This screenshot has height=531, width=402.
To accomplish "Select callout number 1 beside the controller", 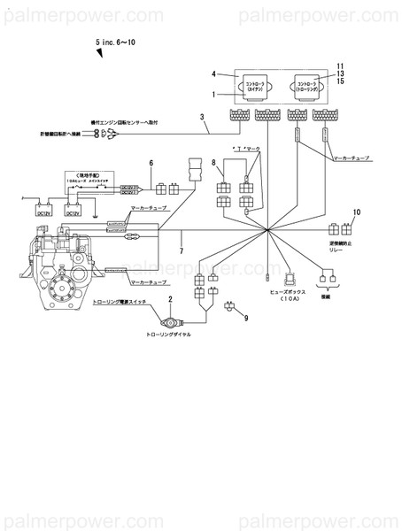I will pos(214,93).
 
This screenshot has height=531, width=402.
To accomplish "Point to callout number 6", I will pos(151,163).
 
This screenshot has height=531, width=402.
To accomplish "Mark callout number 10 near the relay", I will pos(357,212).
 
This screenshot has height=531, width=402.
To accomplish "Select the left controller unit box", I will pos(258,87).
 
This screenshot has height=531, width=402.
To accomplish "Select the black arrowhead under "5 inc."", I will pos(100,55).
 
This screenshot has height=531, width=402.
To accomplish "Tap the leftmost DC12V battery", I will pos(43,212).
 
